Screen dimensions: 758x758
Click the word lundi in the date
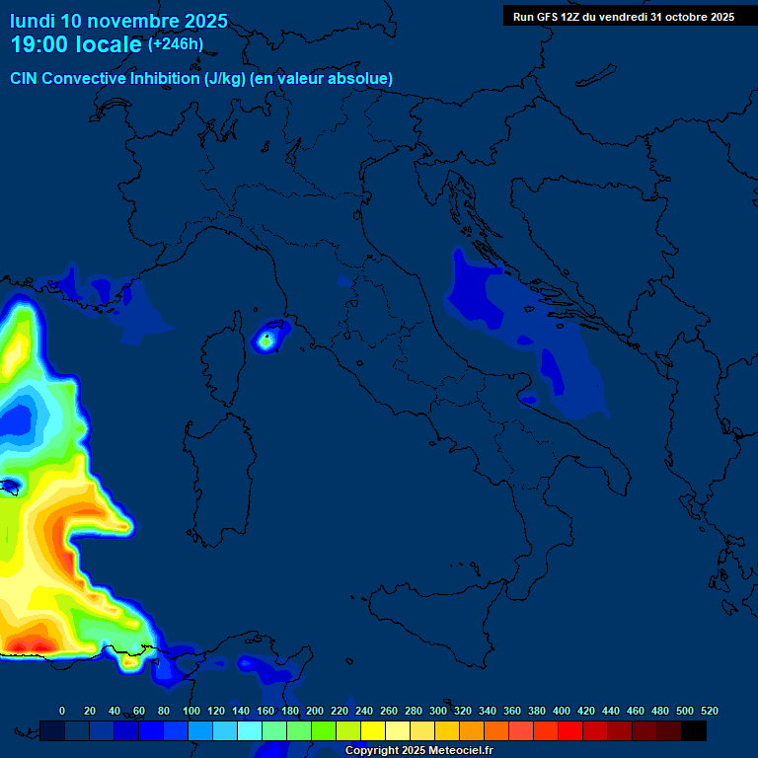coord(32,21)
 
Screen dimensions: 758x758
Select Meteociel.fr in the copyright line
coord(453,751)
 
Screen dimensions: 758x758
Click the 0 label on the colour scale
coord(62,711)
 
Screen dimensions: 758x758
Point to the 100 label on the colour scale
coord(191,711)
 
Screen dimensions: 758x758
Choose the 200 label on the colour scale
coord(315,711)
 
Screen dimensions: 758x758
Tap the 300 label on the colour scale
coord(438,711)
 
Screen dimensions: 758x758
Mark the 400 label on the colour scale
coord(562,711)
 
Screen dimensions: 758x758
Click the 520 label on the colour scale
coord(709,711)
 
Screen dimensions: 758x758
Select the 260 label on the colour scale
coord(389,711)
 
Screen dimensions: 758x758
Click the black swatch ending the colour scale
coord(694,730)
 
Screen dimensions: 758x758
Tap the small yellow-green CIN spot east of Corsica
coord(265,341)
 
